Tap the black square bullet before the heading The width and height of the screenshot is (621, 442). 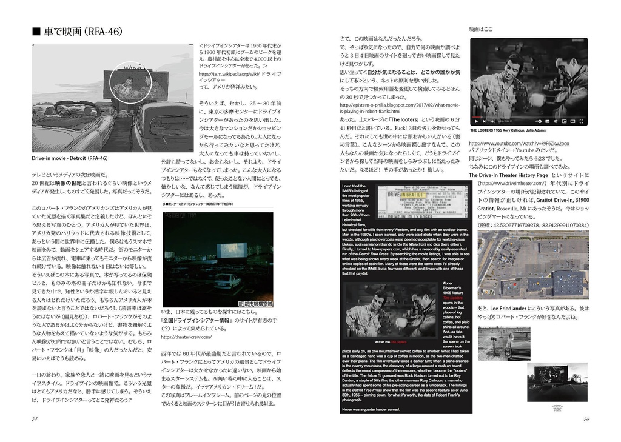(x=36, y=32)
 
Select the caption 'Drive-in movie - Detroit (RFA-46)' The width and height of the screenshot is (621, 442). (x=69, y=158)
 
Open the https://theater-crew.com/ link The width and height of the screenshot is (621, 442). (x=186, y=337)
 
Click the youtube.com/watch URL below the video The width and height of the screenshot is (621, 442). (x=519, y=144)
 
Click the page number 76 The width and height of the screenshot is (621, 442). (x=586, y=418)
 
